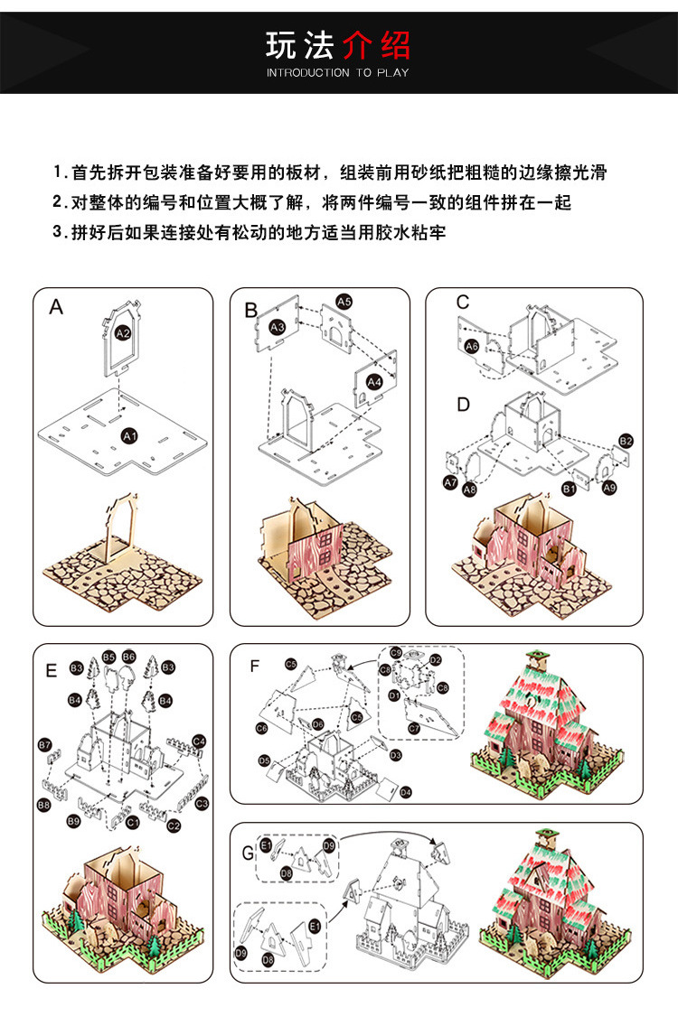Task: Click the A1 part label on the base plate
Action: click(128, 436)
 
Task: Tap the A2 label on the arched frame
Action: click(124, 333)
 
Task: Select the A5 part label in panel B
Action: click(344, 301)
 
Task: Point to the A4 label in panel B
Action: click(373, 383)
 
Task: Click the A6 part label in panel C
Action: click(471, 346)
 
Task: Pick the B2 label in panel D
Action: click(626, 441)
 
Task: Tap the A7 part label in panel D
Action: click(450, 483)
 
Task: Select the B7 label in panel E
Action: click(44, 744)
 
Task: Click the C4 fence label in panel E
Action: click(199, 742)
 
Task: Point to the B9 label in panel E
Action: click(74, 821)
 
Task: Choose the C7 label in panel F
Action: click(414, 728)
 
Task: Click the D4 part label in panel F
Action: click(405, 792)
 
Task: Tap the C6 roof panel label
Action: click(261, 728)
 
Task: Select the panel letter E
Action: click(52, 670)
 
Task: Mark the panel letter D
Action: click(463, 405)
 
